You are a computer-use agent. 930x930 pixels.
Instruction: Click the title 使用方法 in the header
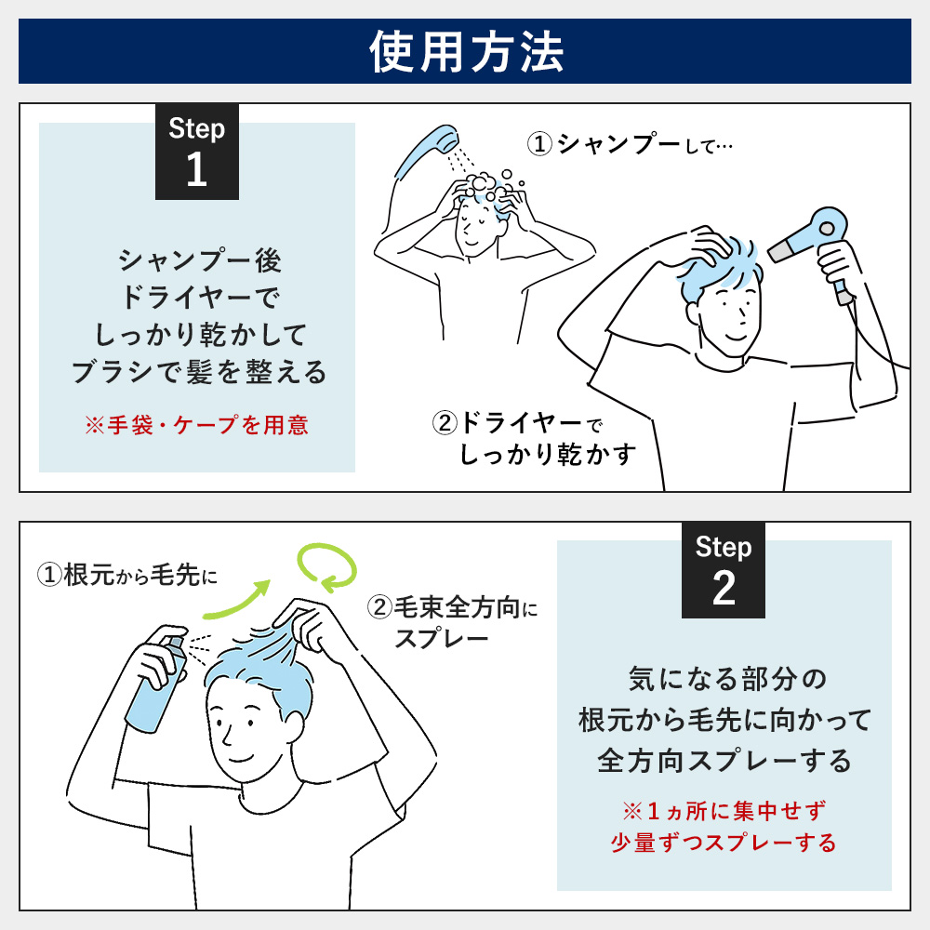465,53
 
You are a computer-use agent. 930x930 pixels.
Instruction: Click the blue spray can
154,679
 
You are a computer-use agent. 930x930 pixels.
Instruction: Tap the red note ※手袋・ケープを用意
196,426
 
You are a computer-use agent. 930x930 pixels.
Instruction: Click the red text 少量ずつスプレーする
724,843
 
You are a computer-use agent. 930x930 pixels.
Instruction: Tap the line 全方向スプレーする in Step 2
724,761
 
